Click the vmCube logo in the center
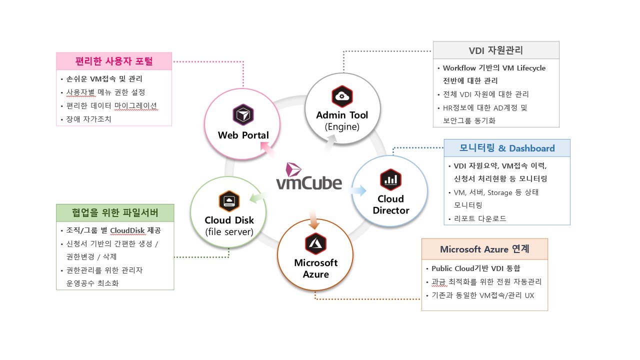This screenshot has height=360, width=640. (309, 178)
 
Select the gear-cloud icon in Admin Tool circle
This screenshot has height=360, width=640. (342, 96)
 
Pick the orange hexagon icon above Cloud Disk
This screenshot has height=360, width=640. (229, 201)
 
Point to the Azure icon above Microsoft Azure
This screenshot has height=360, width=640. (315, 243)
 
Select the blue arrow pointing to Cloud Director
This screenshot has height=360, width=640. (358, 190)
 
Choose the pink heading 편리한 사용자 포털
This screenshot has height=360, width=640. (114, 61)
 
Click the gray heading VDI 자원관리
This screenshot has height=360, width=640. (496, 50)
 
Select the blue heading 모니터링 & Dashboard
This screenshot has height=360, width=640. (507, 148)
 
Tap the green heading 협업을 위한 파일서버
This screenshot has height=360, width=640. (115, 213)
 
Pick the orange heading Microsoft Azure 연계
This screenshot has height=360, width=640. (484, 249)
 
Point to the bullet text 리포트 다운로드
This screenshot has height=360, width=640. (480, 218)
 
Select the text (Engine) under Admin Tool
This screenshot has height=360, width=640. (342, 126)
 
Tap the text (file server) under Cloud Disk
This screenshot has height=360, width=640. (229, 231)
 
